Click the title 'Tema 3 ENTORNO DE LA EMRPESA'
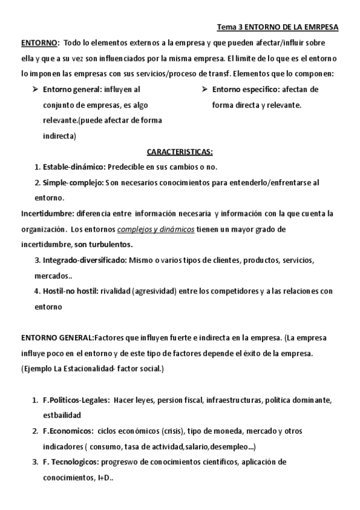(277, 28)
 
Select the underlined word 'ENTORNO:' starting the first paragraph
(40, 44)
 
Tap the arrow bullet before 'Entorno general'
(34, 90)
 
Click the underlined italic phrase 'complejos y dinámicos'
(156, 229)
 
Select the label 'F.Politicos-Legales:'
(76, 400)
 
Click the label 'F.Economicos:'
(67, 431)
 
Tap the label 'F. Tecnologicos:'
(72, 462)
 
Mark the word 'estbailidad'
(62, 416)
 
